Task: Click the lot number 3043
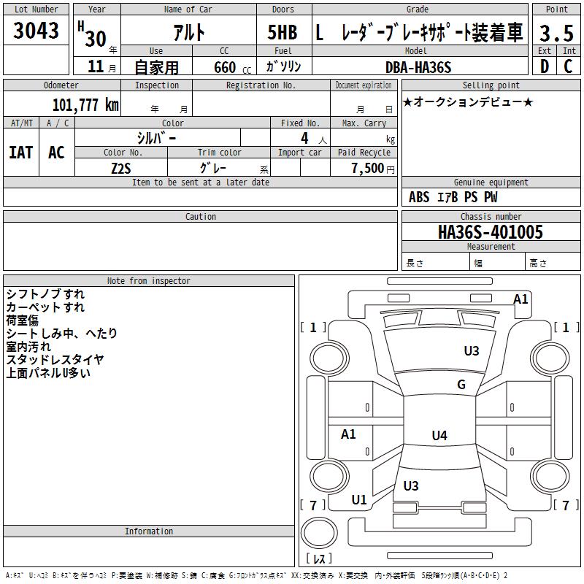pyautogui.click(x=36, y=31)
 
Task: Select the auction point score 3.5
pyautogui.click(x=556, y=33)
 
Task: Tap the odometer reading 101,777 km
pyautogui.click(x=85, y=105)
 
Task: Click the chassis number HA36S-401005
pyautogui.click(x=491, y=232)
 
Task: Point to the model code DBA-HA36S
pyautogui.click(x=418, y=67)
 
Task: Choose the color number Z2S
pyautogui.click(x=121, y=169)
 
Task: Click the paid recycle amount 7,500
pyautogui.click(x=368, y=168)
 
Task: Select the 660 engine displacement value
pyautogui.click(x=225, y=67)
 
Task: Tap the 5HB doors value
pyautogui.click(x=283, y=32)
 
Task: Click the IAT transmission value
pyautogui.click(x=21, y=153)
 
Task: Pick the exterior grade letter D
pyautogui.click(x=545, y=66)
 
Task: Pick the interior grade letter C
pyautogui.click(x=568, y=66)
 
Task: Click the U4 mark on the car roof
pyautogui.click(x=439, y=435)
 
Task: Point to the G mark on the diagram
pyautogui.click(x=461, y=384)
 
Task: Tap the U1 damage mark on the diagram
pyautogui.click(x=359, y=500)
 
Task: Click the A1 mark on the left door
pyautogui.click(x=348, y=434)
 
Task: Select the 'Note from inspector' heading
pyautogui.click(x=149, y=281)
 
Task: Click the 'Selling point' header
pyautogui.click(x=491, y=85)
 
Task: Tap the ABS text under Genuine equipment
pyautogui.click(x=419, y=197)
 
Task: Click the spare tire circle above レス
pyautogui.click(x=319, y=533)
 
